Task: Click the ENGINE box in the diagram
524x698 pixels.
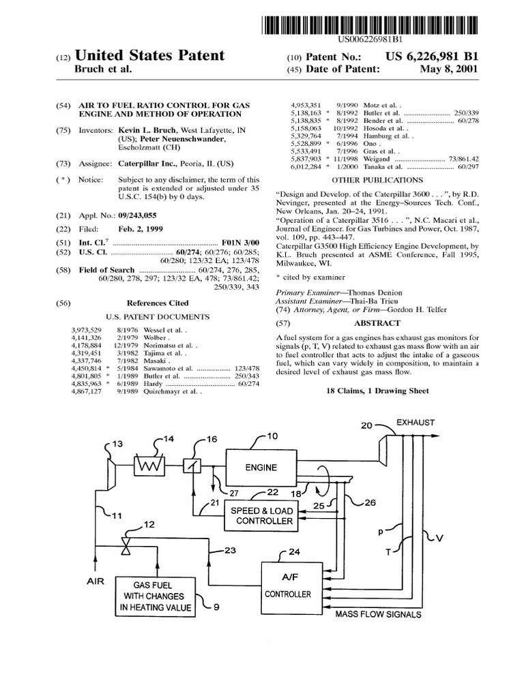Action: (261, 467)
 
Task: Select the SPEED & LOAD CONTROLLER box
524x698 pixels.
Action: (262, 516)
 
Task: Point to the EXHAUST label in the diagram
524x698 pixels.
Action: (416, 423)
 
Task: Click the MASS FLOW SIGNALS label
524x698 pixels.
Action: (377, 614)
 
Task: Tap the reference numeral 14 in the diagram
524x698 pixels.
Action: (168, 438)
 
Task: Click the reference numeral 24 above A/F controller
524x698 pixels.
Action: (294, 551)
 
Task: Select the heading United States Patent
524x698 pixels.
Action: (150, 55)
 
